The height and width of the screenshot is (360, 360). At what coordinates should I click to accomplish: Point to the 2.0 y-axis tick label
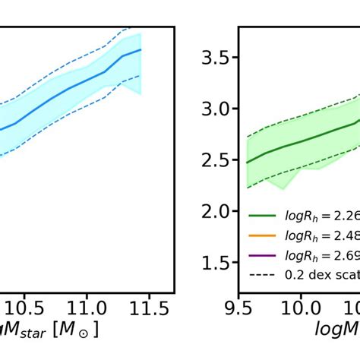[215, 211]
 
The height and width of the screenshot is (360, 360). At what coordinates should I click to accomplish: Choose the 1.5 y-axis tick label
[215, 263]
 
